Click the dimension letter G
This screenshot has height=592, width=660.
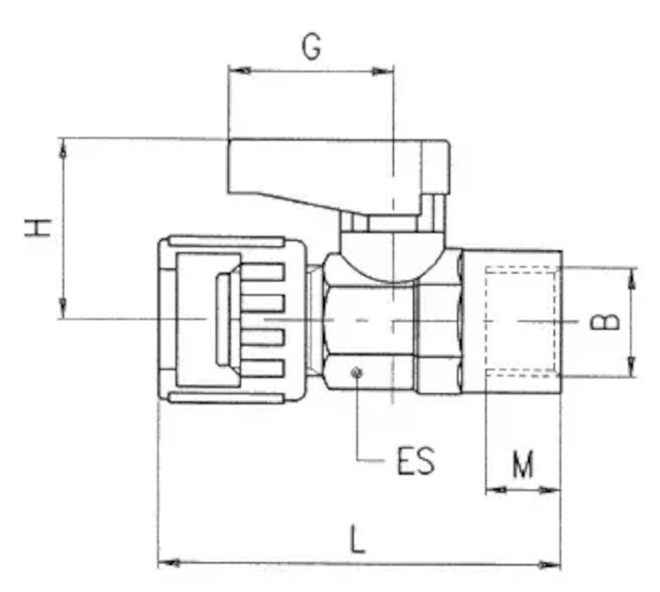pyautogui.click(x=312, y=47)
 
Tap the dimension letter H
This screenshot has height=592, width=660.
pyautogui.click(x=38, y=228)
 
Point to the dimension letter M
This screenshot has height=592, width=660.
pyautogui.click(x=523, y=464)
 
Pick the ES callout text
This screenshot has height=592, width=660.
pyautogui.click(x=416, y=461)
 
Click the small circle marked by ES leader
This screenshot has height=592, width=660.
pyautogui.click(x=357, y=372)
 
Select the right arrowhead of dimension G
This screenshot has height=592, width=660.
pyautogui.click(x=382, y=72)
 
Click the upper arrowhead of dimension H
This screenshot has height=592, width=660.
pyautogui.click(x=63, y=149)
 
